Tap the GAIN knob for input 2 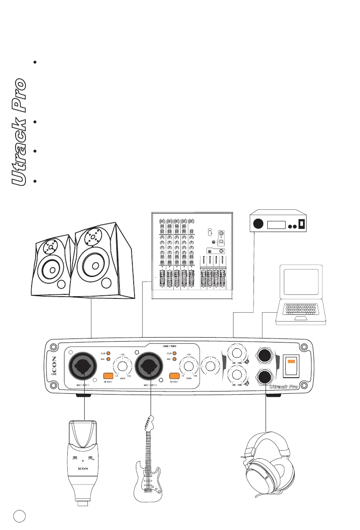(188, 367)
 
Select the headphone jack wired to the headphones (266, 377)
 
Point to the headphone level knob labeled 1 (236, 353)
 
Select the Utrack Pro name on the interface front (283, 386)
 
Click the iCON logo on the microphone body (85, 468)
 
